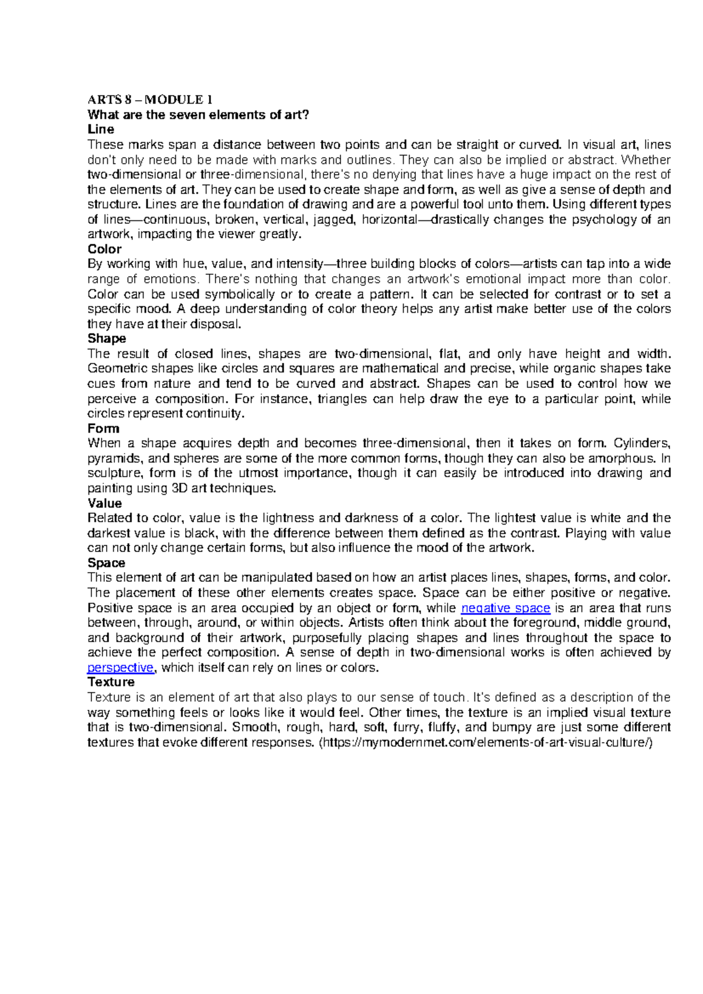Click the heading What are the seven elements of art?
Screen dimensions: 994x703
point(197,115)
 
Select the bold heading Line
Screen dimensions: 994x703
point(101,130)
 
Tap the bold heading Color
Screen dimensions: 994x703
point(104,249)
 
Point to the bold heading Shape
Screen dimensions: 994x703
point(107,339)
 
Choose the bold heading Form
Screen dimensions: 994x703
point(103,428)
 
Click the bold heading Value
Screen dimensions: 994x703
point(105,503)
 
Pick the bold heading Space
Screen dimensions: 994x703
point(106,563)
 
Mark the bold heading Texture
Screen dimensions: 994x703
point(111,682)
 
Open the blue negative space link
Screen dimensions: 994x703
point(506,608)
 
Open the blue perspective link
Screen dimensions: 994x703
point(120,668)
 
